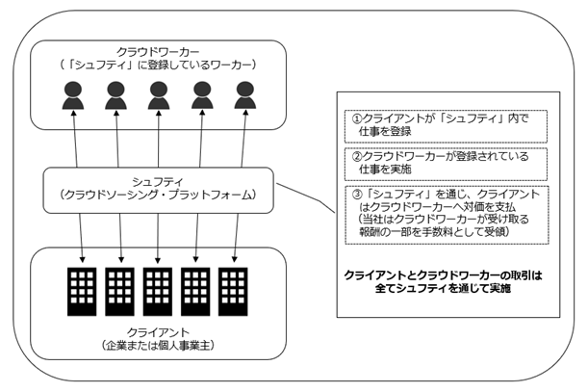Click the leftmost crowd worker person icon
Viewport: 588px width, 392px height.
tap(73, 95)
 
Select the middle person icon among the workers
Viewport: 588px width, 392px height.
tap(159, 95)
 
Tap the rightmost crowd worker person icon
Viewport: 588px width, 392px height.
tap(245, 95)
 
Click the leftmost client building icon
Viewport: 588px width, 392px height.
tap(82, 292)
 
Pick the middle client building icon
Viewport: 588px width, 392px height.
tap(158, 292)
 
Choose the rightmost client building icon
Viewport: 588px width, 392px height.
tap(233, 292)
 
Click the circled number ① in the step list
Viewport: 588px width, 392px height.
tap(356, 118)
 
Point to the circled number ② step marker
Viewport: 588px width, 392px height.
tap(356, 156)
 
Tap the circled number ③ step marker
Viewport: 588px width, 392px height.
tap(358, 195)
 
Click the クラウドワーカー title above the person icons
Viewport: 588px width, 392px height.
tap(158, 51)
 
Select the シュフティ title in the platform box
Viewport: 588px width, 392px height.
tap(158, 182)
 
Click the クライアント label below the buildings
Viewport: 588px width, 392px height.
tap(158, 332)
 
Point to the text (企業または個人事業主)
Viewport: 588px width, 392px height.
tap(158, 346)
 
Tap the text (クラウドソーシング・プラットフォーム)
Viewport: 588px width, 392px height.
tap(158, 195)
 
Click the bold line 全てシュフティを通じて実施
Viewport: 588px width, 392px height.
tap(443, 288)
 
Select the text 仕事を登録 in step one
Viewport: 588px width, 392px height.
tap(385, 131)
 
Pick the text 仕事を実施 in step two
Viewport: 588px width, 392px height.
tap(385, 170)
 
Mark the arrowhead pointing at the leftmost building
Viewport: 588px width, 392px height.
tap(82, 259)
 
